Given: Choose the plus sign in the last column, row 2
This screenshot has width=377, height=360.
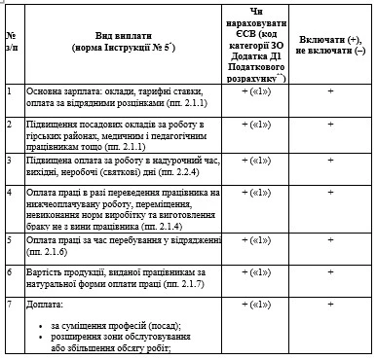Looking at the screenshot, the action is click(331, 124).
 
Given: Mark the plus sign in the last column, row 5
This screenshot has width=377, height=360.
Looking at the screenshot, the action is click(331, 239).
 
